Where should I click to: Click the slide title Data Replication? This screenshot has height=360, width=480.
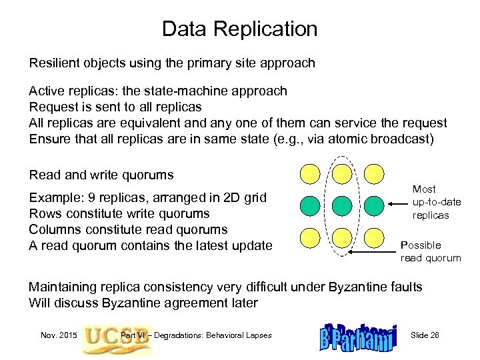click(x=240, y=29)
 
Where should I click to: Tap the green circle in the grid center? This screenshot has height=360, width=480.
click(x=341, y=204)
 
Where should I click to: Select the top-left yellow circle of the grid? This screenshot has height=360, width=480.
click(x=310, y=173)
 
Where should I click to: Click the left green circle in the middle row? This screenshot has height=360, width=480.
click(x=310, y=204)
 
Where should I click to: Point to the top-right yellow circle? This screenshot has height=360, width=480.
click(x=373, y=173)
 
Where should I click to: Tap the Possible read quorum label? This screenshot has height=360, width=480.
click(x=430, y=251)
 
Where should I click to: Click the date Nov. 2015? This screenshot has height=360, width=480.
click(x=57, y=334)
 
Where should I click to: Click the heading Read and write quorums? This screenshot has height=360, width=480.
click(x=101, y=175)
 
